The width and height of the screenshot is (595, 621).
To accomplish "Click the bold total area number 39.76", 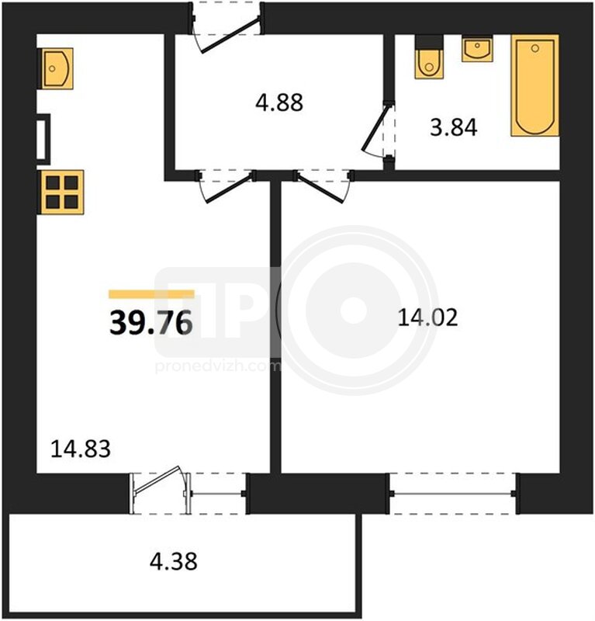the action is click(x=150, y=322).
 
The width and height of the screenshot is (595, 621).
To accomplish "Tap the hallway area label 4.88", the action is click(x=279, y=102).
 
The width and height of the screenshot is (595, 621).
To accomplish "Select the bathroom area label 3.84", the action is click(x=454, y=127).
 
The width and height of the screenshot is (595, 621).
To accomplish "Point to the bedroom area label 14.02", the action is click(x=427, y=317).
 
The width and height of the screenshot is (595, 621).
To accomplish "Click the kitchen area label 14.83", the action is click(x=81, y=449).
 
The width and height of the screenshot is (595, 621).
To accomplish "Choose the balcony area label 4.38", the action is click(x=174, y=561).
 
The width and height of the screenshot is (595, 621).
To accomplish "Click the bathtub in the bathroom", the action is click(x=534, y=85).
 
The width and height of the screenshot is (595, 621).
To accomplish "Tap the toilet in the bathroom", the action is click(x=429, y=57).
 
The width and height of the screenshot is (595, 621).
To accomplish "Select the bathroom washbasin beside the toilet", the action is click(x=477, y=49).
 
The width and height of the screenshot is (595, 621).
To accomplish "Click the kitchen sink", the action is click(x=56, y=68).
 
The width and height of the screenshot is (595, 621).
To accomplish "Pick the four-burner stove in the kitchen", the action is click(x=61, y=192).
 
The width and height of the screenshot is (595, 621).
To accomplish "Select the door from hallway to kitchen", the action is click(x=227, y=186).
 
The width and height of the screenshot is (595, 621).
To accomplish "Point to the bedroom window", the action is click(x=453, y=494).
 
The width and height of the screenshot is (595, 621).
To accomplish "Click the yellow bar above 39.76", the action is click(x=151, y=294).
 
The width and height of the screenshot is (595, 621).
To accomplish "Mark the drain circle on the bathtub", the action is click(x=535, y=48).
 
